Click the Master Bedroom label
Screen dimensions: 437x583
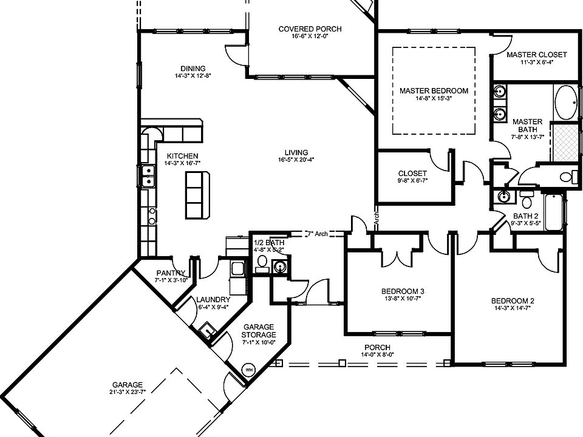pyautogui.click(x=434, y=91)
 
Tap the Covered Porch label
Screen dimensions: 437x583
pyautogui.click(x=310, y=29)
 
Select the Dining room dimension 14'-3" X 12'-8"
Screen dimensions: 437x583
pyautogui.click(x=193, y=76)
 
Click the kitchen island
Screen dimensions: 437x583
pyautogui.click(x=197, y=195)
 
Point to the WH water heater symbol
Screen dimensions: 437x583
pyautogui.click(x=248, y=368)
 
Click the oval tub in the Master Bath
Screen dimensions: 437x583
pyautogui.click(x=567, y=103)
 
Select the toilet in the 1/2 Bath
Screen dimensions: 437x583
pyautogui.click(x=262, y=261)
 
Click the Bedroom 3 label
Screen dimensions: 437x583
pyautogui.click(x=398, y=290)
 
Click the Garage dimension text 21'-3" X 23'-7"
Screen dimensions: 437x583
pyautogui.click(x=127, y=392)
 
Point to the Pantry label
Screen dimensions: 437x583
pyautogui.click(x=170, y=273)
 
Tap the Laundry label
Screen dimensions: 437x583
pyautogui.click(x=213, y=299)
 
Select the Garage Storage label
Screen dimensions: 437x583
pyautogui.click(x=259, y=330)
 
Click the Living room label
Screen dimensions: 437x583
pyautogui.click(x=296, y=152)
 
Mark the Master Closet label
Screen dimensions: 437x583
pyautogui.click(x=536, y=55)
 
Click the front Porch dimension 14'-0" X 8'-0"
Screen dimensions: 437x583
pyautogui.click(x=377, y=354)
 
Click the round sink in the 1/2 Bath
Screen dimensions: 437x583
pyautogui.click(x=280, y=265)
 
